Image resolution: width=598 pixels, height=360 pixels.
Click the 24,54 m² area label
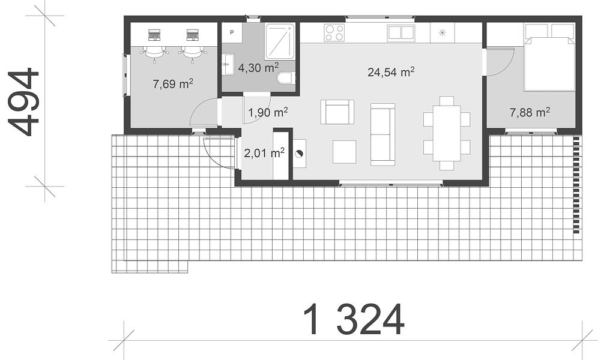pyautogui.click(x=391, y=71)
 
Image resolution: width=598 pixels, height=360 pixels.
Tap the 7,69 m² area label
pyautogui.click(x=173, y=83)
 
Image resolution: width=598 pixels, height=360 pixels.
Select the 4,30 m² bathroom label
pyautogui.click(x=258, y=67)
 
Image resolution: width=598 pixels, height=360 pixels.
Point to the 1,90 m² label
pyautogui.click(x=268, y=112)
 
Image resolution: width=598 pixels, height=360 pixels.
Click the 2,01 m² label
pyautogui.click(x=264, y=153)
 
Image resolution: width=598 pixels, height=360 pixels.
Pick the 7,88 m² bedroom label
pyautogui.click(x=530, y=112)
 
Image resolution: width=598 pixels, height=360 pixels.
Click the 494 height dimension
pyautogui.click(x=23, y=102)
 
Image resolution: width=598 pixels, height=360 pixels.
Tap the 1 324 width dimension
pyautogui.click(x=354, y=319)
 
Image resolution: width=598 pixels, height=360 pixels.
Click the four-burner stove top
pyautogui.click(x=334, y=32)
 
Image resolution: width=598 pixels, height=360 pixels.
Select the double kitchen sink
pyautogui.click(x=401, y=33)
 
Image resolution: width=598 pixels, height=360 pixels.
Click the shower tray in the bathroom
pyautogui.click(x=280, y=41)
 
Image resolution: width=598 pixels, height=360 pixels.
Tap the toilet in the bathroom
pyautogui.click(x=286, y=79)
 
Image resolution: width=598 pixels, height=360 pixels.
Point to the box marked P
pyautogui.click(x=232, y=33)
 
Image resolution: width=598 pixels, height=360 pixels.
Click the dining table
pyautogui.click(x=447, y=133)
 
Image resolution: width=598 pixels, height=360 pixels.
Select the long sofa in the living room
pyautogui.click(x=382, y=134)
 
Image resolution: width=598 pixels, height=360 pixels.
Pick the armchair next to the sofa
pyautogui.click(x=337, y=112)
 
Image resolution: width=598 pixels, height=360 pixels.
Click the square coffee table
pyautogui.click(x=345, y=152)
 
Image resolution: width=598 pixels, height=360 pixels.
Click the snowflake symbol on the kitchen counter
pyautogui.click(x=442, y=32)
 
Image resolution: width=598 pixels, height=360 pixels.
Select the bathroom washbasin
pyautogui.click(x=228, y=65)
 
